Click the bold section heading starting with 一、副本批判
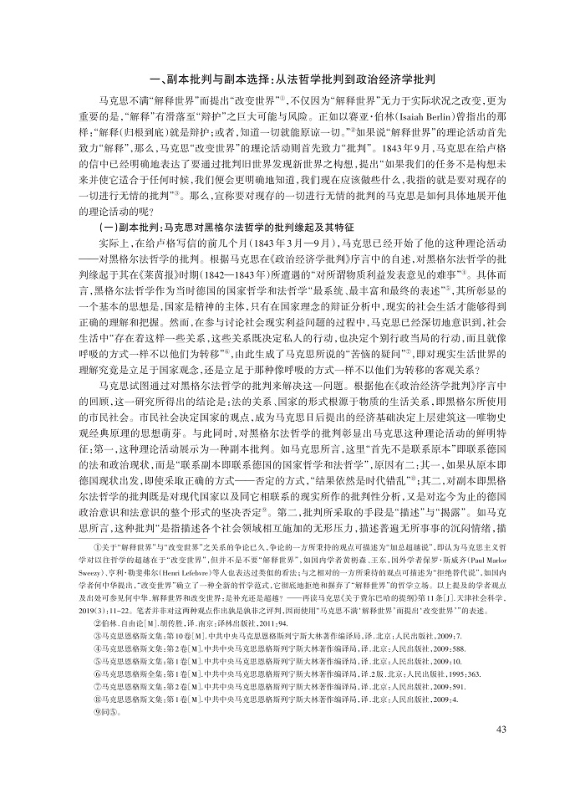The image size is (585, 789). click(292, 77)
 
